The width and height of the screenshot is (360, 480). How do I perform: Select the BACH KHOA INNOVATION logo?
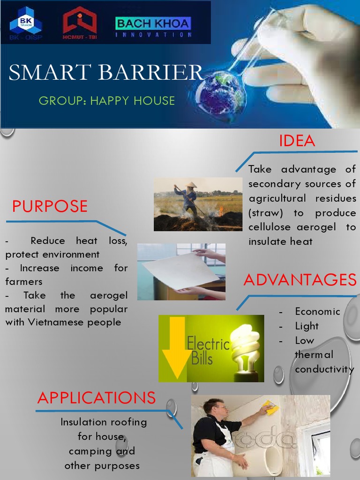[153, 27]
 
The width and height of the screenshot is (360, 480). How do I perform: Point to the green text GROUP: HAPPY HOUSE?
[106, 100]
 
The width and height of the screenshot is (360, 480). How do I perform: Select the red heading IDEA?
[297, 141]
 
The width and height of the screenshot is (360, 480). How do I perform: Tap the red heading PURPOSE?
[50, 206]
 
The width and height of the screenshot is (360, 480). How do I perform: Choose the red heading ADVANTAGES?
[300, 280]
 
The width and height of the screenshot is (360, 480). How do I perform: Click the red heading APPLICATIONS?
[96, 397]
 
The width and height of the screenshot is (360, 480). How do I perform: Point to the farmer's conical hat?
[191, 185]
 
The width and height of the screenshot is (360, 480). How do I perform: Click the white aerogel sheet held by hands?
[180, 270]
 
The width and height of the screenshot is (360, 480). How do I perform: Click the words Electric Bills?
[208, 351]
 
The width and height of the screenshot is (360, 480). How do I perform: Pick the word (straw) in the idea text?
[265, 213]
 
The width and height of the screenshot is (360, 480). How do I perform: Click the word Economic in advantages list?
[317, 311]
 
